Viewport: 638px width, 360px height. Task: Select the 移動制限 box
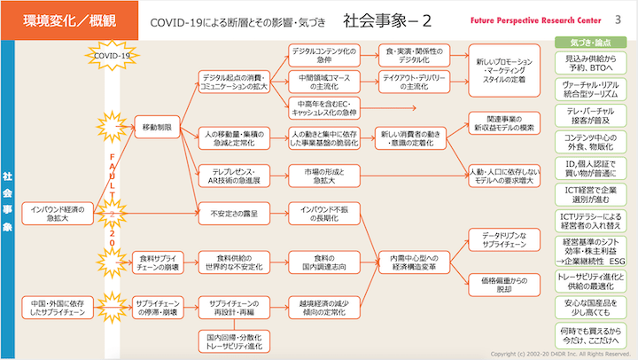[158, 129]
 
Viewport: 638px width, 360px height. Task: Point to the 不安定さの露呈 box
[229, 213]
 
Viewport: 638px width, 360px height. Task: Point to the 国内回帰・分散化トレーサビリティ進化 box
[229, 341]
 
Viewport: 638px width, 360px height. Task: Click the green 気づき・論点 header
[590, 43]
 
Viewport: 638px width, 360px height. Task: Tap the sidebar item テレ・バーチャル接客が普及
[590, 117]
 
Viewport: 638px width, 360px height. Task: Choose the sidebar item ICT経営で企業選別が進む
[590, 192]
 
